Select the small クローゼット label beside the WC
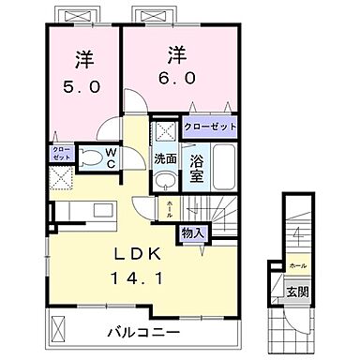tap(57, 152)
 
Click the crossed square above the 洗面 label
tap(166, 130)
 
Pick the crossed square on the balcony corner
tap(58, 327)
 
